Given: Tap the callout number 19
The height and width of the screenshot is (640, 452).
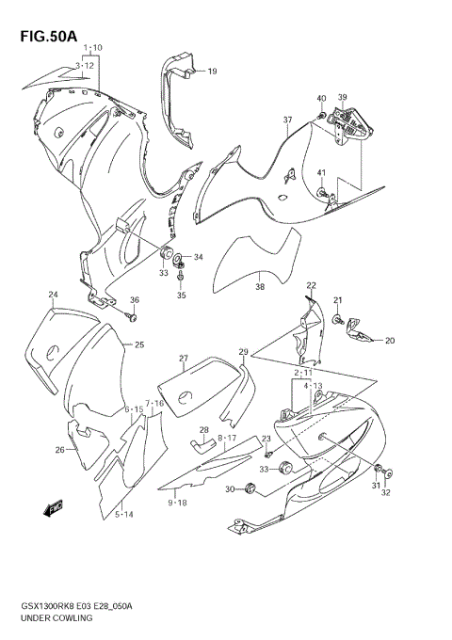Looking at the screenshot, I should pos(212,72).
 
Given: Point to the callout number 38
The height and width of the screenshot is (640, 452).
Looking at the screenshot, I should pos(260,287).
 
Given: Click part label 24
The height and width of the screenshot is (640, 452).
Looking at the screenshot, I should pos(55,295).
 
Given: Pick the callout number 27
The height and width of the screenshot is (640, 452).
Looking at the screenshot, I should pos(184,359).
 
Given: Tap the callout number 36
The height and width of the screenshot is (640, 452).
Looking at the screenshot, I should pos(134,300).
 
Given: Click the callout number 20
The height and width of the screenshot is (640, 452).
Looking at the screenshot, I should pos(389,341).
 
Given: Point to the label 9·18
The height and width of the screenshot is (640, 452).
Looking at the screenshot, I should pos(177,504).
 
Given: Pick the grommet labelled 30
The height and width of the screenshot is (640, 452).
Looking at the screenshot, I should pos(250,487).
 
